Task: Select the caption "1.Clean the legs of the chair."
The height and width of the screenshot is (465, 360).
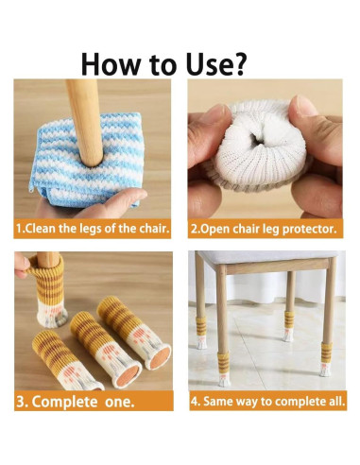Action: (x=93, y=230)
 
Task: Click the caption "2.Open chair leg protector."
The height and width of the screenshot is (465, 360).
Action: (x=266, y=230)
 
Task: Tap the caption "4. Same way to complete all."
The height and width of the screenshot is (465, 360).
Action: (x=268, y=400)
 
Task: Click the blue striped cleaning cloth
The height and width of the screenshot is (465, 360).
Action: (x=66, y=161)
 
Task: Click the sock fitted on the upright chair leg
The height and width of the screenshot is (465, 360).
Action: (x=37, y=283)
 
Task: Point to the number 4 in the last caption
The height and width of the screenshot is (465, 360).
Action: (x=196, y=400)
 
